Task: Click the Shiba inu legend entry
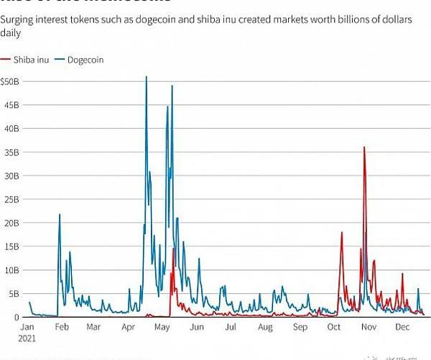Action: point(32,60)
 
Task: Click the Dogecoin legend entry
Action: point(85,60)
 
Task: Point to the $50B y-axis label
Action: point(14,81)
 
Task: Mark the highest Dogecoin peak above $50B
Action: point(147,77)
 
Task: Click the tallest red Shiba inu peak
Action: point(364,147)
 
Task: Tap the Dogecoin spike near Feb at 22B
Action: point(60,215)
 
